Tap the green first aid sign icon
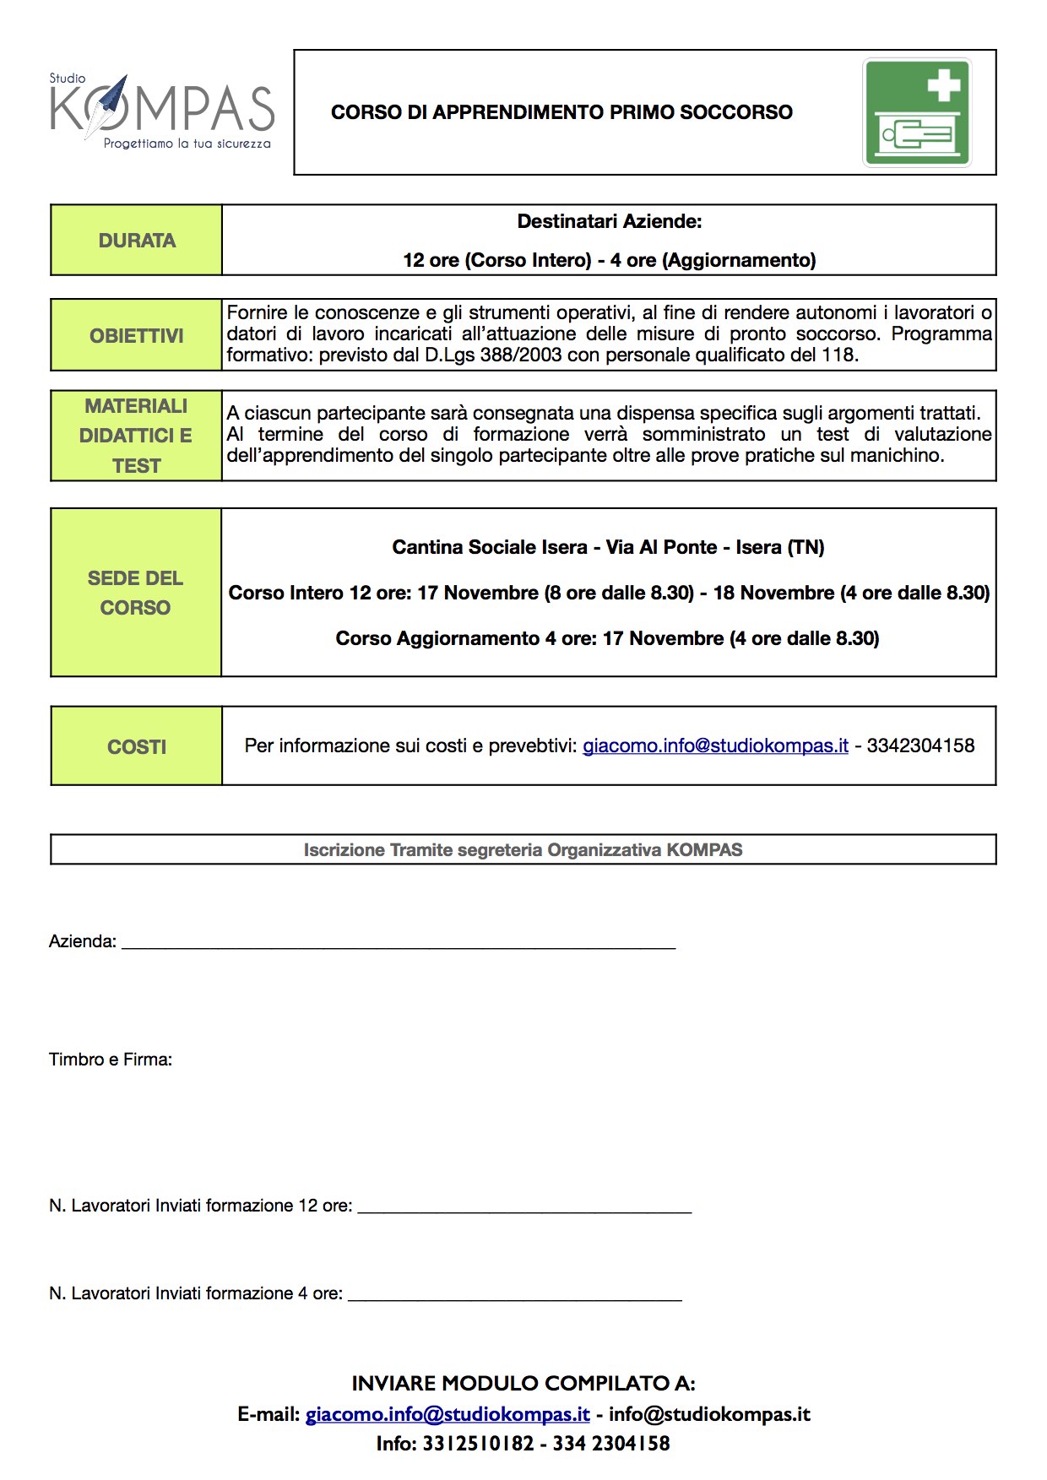click(917, 112)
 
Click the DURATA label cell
click(137, 241)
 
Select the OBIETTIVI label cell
click(137, 335)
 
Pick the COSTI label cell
click(137, 746)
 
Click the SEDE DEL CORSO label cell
click(136, 593)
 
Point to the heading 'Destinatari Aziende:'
click(609, 222)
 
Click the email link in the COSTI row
click(715, 746)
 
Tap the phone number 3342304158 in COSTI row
click(920, 746)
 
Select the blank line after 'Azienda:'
click(399, 944)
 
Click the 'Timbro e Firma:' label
click(111, 1060)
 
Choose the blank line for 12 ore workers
click(524, 1208)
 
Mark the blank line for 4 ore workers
click(514, 1296)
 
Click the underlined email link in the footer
click(448, 1414)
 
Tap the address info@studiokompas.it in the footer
click(709, 1414)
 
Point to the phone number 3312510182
click(478, 1444)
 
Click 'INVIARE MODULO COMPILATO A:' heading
click(523, 1383)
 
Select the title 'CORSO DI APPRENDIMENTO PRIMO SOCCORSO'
click(561, 112)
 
